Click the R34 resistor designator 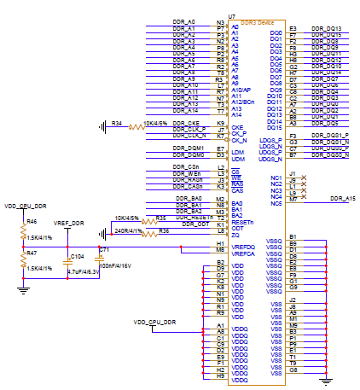tap(118, 124)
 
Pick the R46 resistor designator tap(32, 221)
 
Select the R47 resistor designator tap(32, 253)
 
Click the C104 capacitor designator tap(77, 255)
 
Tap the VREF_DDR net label tap(69, 223)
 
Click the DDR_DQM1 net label tap(190, 148)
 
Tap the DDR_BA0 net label tap(189, 198)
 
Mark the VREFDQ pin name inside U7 tap(242, 246)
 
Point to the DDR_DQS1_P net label tap(330, 136)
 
